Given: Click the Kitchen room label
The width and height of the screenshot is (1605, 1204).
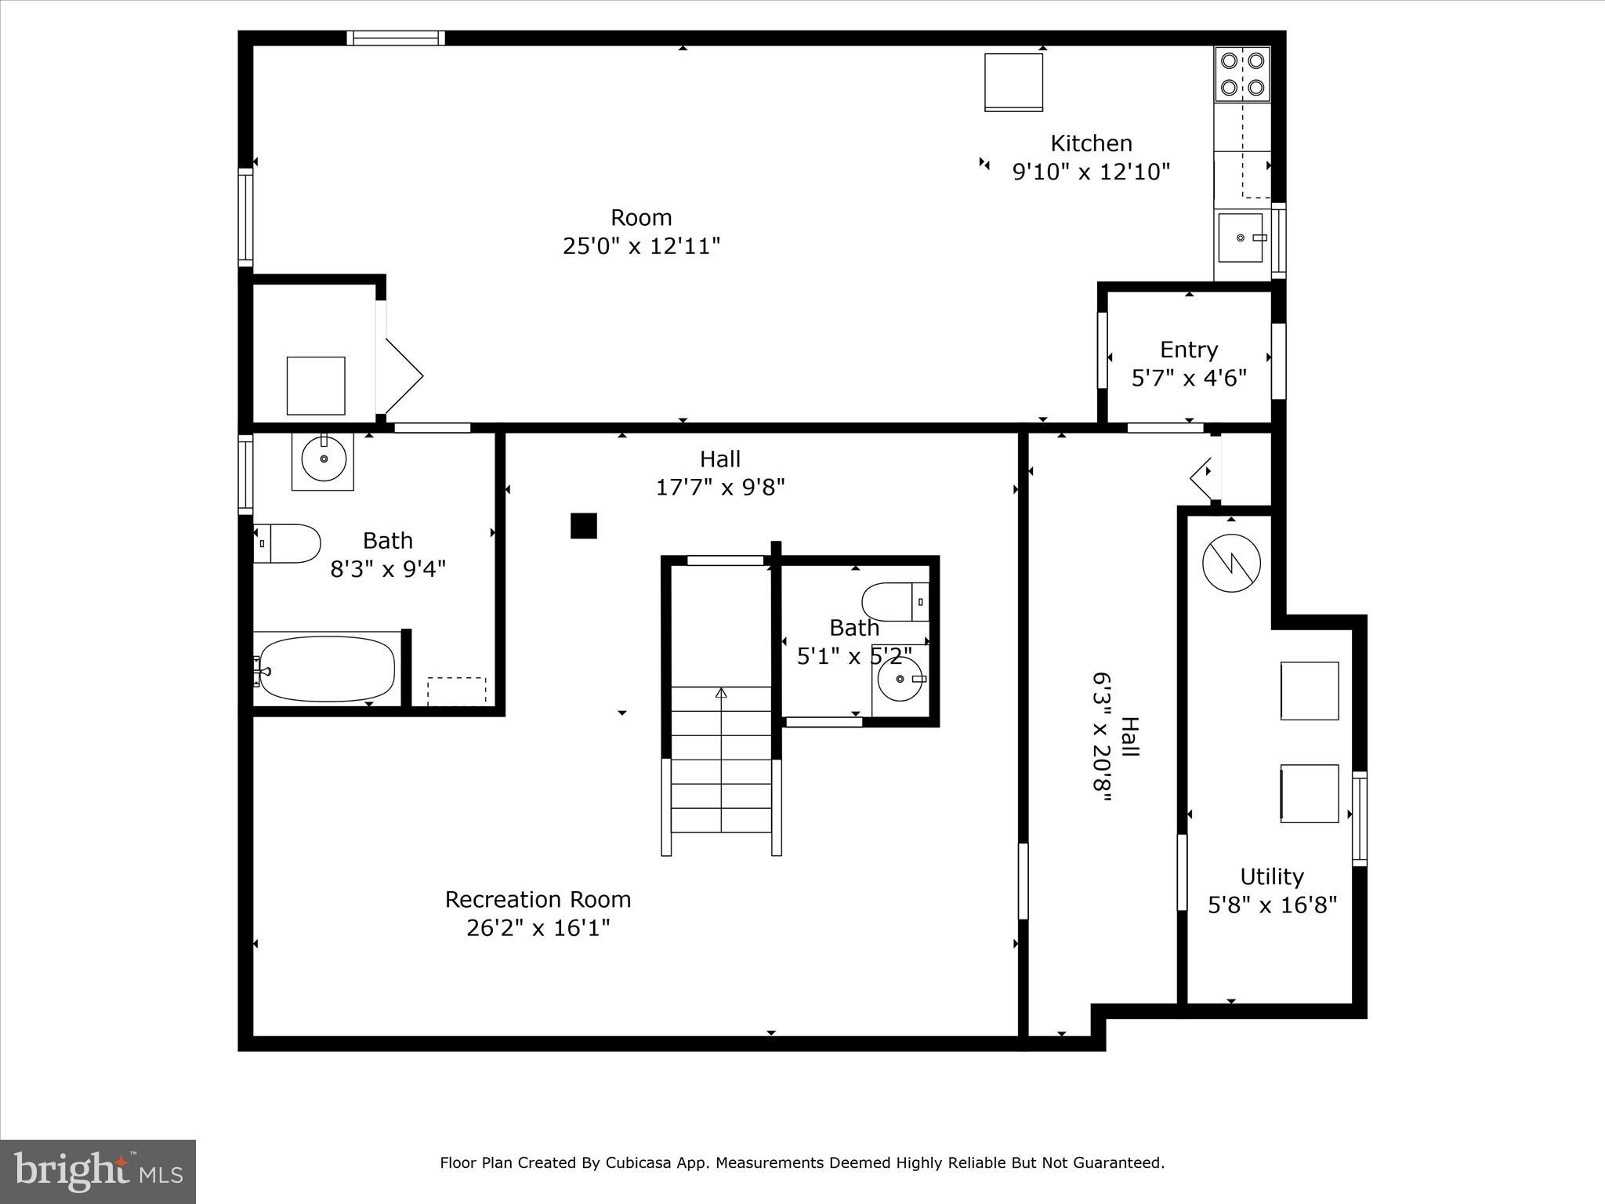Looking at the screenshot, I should pyautogui.click(x=1091, y=143).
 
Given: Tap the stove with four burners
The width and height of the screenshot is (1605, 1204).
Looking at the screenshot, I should pyautogui.click(x=1242, y=74).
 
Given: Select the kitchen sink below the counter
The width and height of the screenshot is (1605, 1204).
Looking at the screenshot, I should pyautogui.click(x=1241, y=238).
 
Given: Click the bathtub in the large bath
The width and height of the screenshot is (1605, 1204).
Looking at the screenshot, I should pyautogui.click(x=327, y=669).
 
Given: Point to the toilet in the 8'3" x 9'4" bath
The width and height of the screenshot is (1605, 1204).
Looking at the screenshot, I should pyautogui.click(x=288, y=543).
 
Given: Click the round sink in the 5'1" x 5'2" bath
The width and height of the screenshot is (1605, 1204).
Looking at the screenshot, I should pyautogui.click(x=900, y=679).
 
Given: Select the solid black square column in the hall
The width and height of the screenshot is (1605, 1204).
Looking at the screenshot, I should pyautogui.click(x=583, y=526).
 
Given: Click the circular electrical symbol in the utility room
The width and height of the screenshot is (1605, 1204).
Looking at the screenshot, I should pyautogui.click(x=1231, y=563).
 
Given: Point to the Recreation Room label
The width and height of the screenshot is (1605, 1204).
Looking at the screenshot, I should pyautogui.click(x=538, y=899).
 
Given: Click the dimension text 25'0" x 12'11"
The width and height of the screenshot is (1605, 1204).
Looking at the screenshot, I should pyautogui.click(x=641, y=246).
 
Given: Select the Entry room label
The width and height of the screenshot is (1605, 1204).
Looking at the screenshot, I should pyautogui.click(x=1188, y=350).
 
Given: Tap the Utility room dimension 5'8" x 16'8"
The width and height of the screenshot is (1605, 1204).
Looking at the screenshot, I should pyautogui.click(x=1272, y=905).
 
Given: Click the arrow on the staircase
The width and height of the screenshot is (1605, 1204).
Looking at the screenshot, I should pyautogui.click(x=721, y=693).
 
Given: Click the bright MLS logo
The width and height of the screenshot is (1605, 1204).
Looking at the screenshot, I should pyautogui.click(x=98, y=1172).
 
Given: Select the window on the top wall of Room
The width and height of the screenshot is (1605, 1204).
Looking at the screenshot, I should pyautogui.click(x=396, y=38).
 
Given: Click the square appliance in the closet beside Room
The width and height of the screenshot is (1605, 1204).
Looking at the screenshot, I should pyautogui.click(x=316, y=386).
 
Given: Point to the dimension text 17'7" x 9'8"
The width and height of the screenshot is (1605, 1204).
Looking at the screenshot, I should pyautogui.click(x=719, y=488).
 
